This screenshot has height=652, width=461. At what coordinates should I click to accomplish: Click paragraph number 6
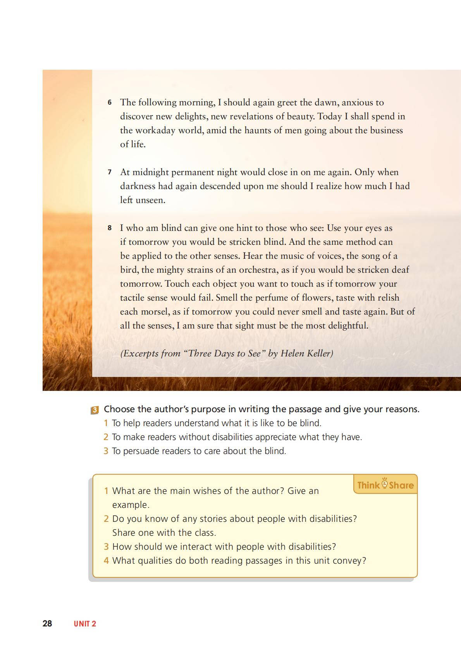(110, 103)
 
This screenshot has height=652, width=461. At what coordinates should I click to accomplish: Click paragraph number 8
(110, 228)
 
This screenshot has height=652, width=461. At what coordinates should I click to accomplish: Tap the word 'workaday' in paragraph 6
(156, 131)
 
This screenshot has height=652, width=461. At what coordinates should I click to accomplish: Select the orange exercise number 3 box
(95, 410)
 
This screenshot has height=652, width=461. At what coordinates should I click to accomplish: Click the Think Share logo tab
(385, 485)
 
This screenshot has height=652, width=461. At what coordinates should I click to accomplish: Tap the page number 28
(47, 623)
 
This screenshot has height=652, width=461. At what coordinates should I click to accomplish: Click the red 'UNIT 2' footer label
(85, 624)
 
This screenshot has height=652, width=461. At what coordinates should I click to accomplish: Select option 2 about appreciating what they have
(236, 437)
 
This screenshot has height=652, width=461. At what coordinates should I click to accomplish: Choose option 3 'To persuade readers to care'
(198, 451)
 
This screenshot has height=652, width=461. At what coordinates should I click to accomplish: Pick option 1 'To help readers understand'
(216, 423)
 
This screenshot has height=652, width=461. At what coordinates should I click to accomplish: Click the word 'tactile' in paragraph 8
(132, 298)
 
